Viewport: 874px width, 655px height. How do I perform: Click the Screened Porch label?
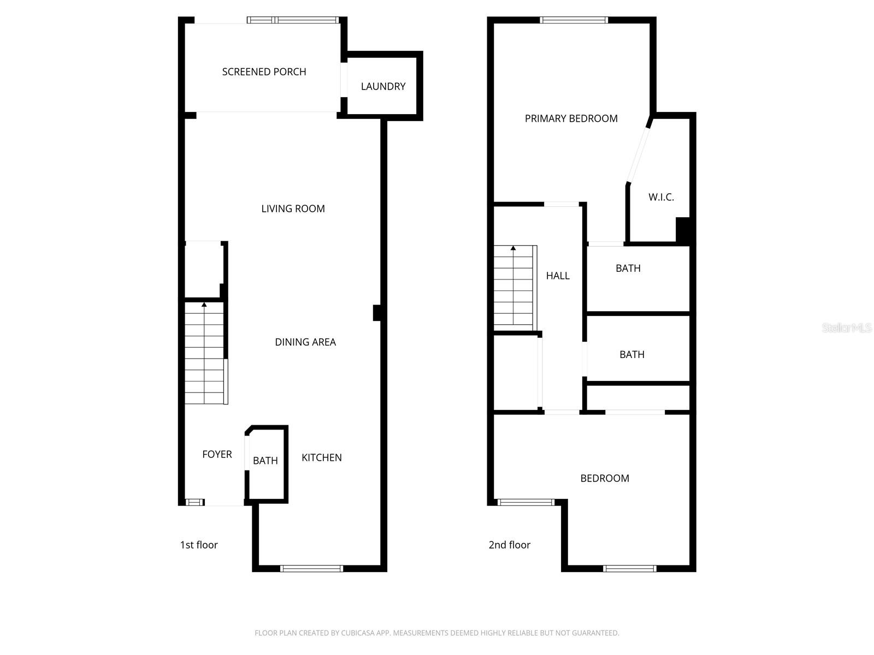click(264, 72)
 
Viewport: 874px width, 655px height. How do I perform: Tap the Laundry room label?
click(383, 86)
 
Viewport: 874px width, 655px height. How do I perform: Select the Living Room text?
click(293, 209)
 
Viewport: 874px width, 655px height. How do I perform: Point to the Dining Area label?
click(305, 342)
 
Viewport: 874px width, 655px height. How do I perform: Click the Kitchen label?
click(321, 457)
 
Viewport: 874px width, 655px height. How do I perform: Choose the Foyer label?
click(217, 454)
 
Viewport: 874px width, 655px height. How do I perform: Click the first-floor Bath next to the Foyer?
click(265, 461)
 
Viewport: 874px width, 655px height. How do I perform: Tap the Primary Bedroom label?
click(571, 118)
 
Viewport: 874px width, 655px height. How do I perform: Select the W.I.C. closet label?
click(661, 197)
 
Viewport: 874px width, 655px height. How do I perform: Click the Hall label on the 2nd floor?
click(558, 276)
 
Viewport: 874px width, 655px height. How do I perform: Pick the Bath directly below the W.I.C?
click(628, 268)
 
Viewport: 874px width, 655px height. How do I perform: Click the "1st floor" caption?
click(199, 545)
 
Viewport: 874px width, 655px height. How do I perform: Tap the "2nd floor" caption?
click(509, 545)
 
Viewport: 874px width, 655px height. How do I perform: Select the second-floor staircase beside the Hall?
click(513, 288)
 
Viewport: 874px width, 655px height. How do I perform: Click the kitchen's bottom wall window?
click(311, 568)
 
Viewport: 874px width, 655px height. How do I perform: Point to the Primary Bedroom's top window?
click(574, 20)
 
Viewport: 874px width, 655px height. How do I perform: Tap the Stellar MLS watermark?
click(846, 327)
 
